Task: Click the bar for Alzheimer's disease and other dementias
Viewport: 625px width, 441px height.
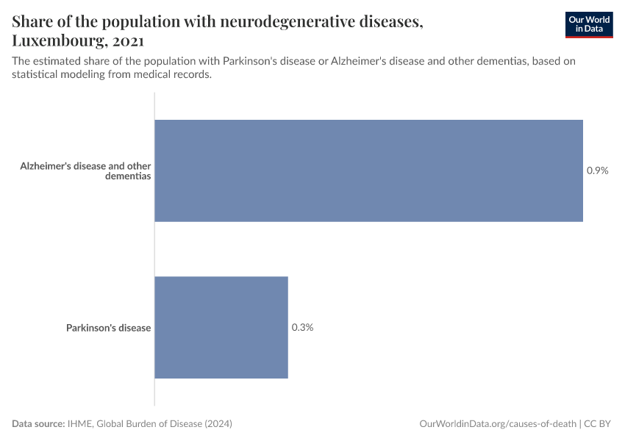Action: (368, 171)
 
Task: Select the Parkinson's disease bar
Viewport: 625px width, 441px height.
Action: (221, 327)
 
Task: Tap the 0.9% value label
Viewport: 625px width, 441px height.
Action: (597, 171)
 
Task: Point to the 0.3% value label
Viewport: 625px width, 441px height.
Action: (302, 327)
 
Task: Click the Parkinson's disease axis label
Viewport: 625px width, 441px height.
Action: (108, 328)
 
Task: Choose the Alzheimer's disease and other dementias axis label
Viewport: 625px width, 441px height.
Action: (85, 171)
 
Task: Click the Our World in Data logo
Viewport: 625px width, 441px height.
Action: (588, 24)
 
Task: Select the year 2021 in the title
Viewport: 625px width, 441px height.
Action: (129, 40)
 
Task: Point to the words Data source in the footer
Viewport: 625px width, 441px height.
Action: (38, 424)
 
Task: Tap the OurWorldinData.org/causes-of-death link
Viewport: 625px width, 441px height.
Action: (497, 424)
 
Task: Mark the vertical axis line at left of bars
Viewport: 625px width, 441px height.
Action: (154, 250)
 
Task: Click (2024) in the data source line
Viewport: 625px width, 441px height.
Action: (218, 424)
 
